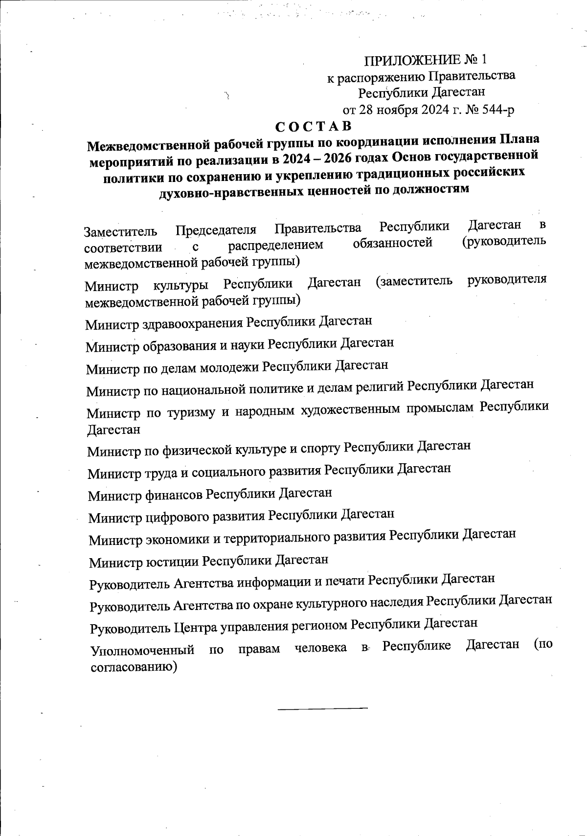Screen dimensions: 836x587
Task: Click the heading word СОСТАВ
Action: [x=313, y=126]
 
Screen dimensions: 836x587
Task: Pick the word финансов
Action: [x=174, y=495]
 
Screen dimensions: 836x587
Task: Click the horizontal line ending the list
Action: [x=322, y=708]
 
